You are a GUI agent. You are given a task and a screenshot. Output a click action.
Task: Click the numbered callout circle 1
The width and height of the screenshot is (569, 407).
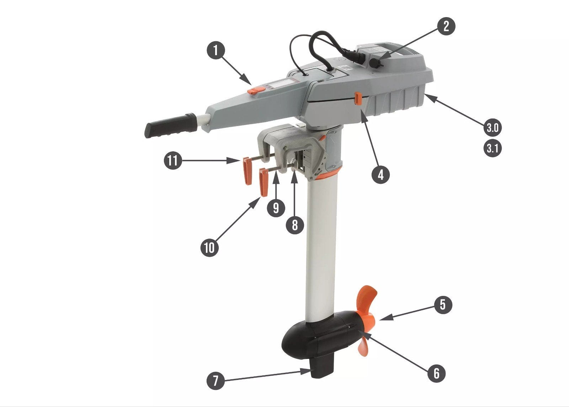click(x=216, y=50)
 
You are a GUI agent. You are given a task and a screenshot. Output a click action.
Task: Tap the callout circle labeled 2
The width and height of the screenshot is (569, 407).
click(x=446, y=26)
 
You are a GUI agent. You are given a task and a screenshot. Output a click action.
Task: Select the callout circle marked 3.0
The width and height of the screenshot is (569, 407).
click(x=493, y=128)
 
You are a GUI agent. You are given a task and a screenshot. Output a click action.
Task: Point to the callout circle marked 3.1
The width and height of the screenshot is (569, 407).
click(x=493, y=148)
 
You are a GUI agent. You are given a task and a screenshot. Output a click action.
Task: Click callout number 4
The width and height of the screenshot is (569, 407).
click(x=381, y=175)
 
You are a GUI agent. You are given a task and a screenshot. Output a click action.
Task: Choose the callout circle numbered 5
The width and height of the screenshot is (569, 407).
click(x=443, y=304)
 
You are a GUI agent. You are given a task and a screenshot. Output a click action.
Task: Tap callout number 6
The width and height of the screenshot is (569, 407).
click(x=436, y=373)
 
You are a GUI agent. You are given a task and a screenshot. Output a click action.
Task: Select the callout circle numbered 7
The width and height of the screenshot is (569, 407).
click(x=216, y=381)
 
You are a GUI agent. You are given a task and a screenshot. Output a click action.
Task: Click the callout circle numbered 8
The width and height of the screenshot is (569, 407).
click(x=295, y=225)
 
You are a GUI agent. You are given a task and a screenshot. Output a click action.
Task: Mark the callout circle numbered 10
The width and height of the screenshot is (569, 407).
click(x=209, y=247)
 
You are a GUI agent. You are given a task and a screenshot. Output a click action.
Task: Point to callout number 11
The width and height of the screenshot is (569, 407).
click(x=173, y=161)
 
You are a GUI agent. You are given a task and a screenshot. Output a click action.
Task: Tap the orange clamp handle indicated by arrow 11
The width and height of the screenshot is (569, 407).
click(x=69, y=171)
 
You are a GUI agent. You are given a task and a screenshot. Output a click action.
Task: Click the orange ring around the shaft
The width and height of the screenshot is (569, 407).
click(x=326, y=175)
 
